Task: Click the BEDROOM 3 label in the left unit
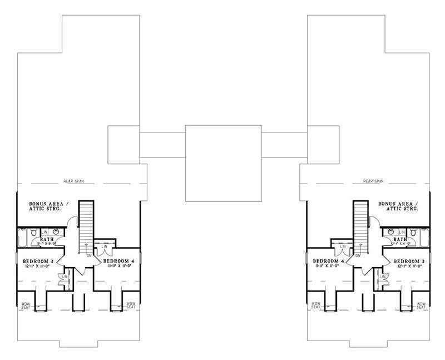[x=38, y=260]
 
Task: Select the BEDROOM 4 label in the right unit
[x=328, y=260]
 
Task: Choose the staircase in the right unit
[x=360, y=223]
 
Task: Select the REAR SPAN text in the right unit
[x=374, y=181]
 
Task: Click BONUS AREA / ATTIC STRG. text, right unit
[x=397, y=206]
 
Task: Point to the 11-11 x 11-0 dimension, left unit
[x=117, y=266]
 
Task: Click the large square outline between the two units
[x=222, y=163]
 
